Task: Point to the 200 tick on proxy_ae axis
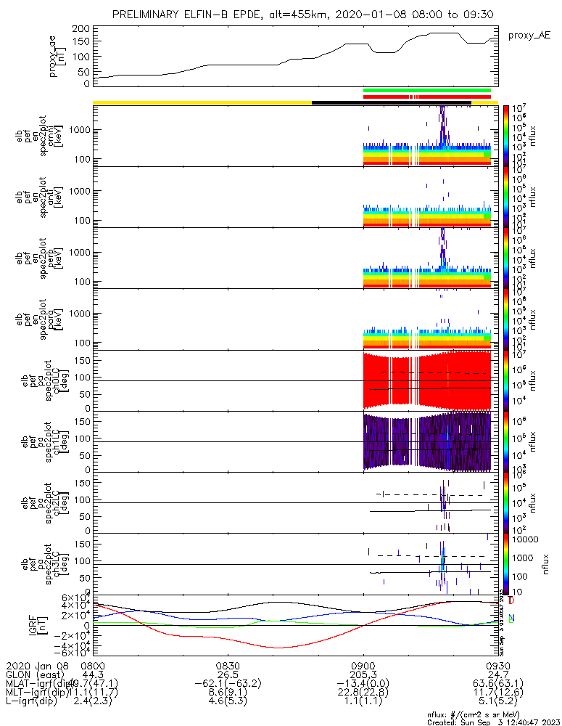81,29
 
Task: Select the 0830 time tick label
228,665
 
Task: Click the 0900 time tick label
363,665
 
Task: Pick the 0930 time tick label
498,665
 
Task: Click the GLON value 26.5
228,674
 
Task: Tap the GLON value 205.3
363,674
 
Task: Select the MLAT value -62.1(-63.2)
228,684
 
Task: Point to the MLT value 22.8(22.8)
363,693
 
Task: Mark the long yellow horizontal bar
202,102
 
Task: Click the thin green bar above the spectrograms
427,90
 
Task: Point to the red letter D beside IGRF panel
512,601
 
